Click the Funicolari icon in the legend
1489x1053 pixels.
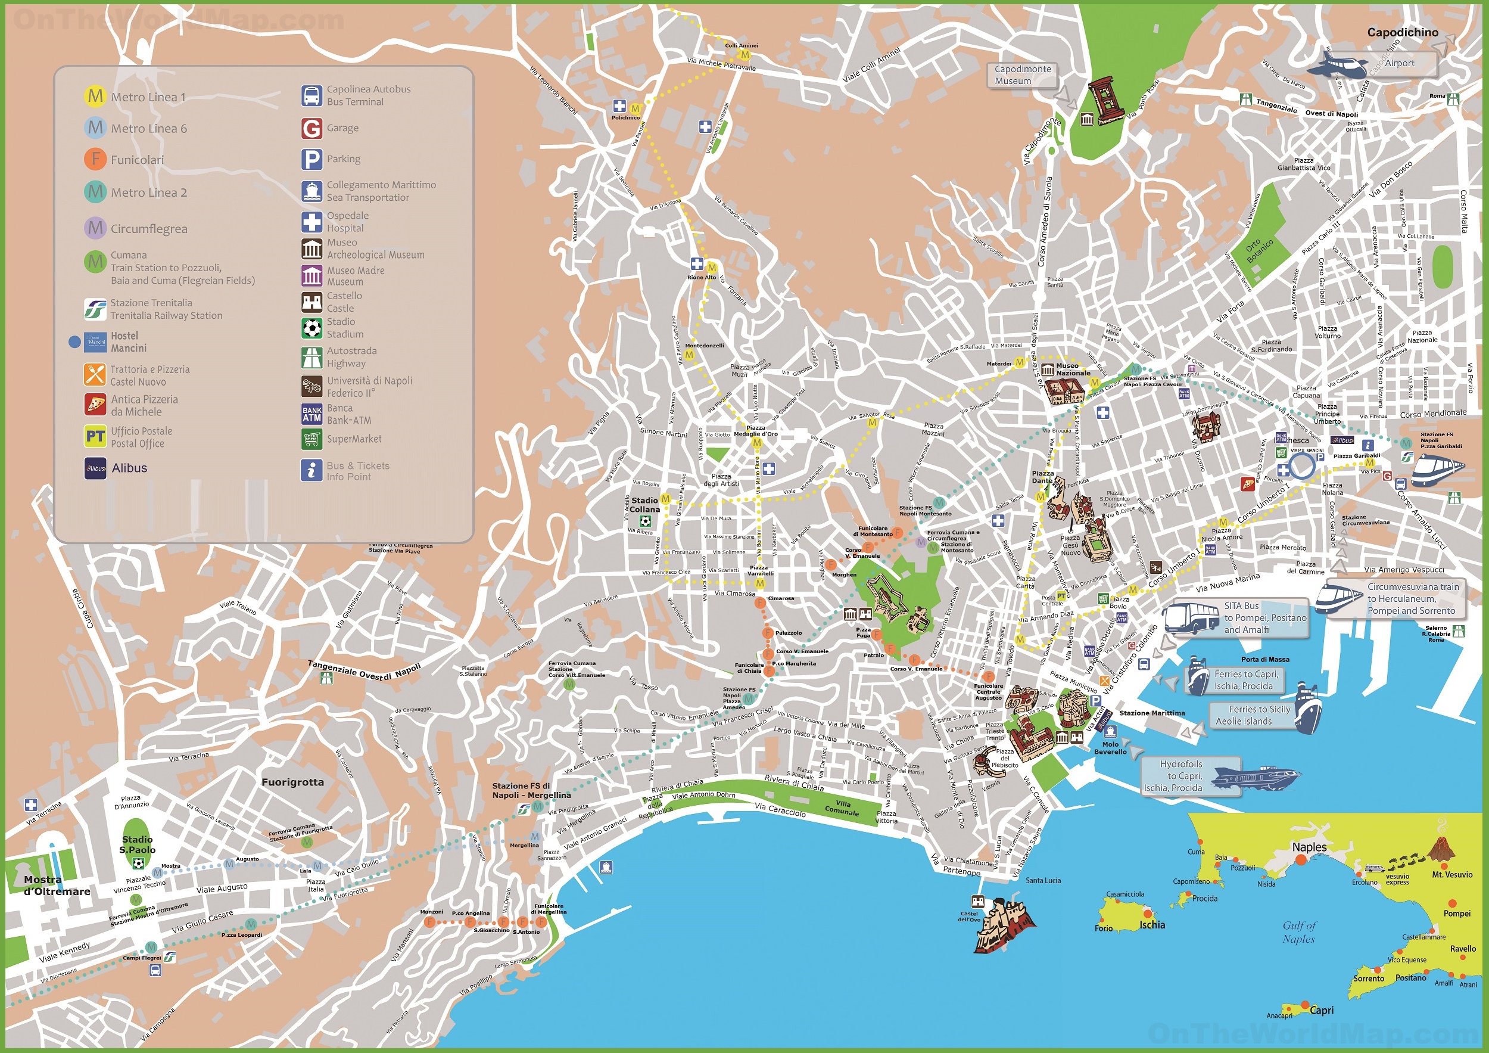pyautogui.click(x=95, y=159)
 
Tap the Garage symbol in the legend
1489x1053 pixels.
pyautogui.click(x=312, y=129)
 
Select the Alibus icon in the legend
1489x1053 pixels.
pyautogui.click(x=95, y=468)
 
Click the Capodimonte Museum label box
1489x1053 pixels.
pyautogui.click(x=1023, y=74)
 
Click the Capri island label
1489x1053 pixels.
pyautogui.click(x=1321, y=1010)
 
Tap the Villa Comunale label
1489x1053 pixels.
pyautogui.click(x=842, y=807)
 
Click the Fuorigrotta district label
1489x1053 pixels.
pyautogui.click(x=292, y=782)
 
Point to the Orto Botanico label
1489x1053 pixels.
pyautogui.click(x=1260, y=250)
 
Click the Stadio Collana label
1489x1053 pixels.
pyautogui.click(x=644, y=505)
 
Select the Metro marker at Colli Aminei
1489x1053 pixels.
pyautogui.click(x=745, y=55)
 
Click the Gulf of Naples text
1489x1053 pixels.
pyautogui.click(x=1299, y=931)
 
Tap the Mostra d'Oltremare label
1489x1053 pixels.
pyautogui.click(x=57, y=886)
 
